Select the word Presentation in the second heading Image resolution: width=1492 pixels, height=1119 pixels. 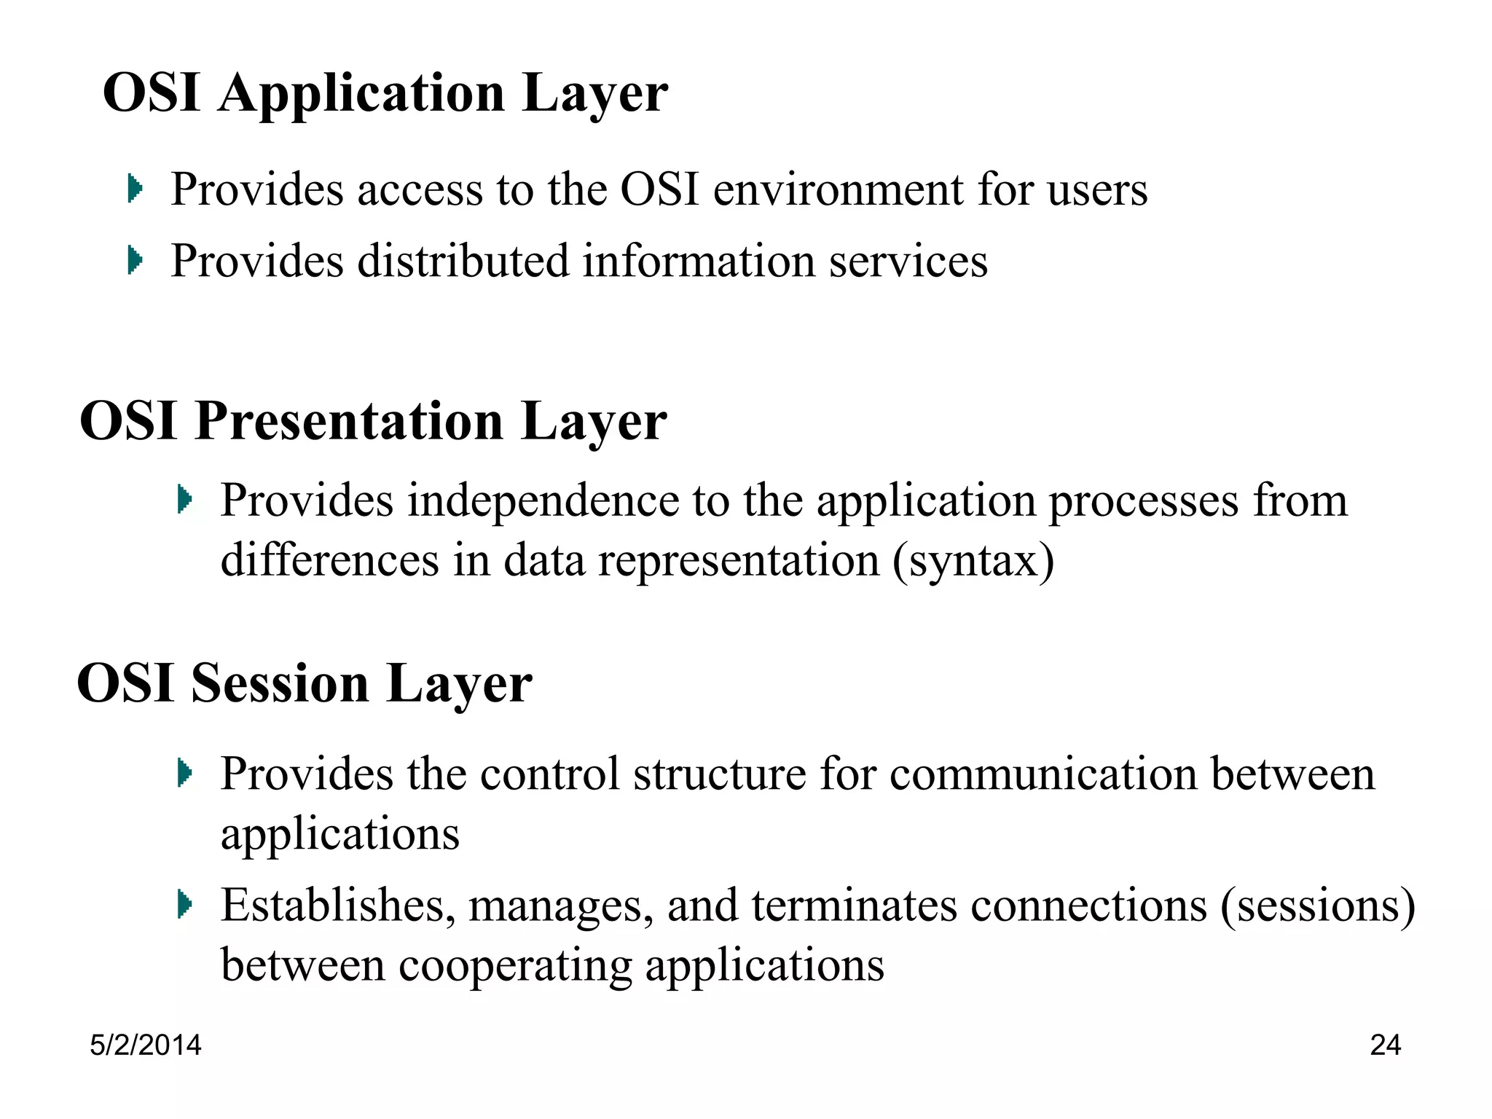pos(349,423)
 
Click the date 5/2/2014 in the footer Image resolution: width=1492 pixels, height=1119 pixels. pos(146,1045)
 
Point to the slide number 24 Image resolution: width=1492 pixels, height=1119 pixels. pos(1385,1045)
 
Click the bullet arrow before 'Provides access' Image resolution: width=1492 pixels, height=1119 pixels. pos(134,189)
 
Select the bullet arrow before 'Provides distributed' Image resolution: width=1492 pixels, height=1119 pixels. pos(134,260)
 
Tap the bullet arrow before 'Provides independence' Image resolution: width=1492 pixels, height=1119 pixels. pos(184,500)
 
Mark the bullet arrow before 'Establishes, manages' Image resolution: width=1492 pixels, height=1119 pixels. pos(184,905)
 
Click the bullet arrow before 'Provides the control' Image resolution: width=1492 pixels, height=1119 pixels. pos(184,773)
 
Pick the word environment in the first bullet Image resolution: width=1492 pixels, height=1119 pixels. pos(839,190)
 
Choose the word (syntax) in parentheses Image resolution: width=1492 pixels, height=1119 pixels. pos(973,562)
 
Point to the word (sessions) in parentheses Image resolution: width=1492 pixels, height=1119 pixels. pos(1318,907)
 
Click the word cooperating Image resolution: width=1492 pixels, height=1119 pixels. pos(514,967)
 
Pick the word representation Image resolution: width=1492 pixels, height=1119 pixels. pos(739,562)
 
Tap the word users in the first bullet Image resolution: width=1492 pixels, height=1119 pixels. pos(1097,190)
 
